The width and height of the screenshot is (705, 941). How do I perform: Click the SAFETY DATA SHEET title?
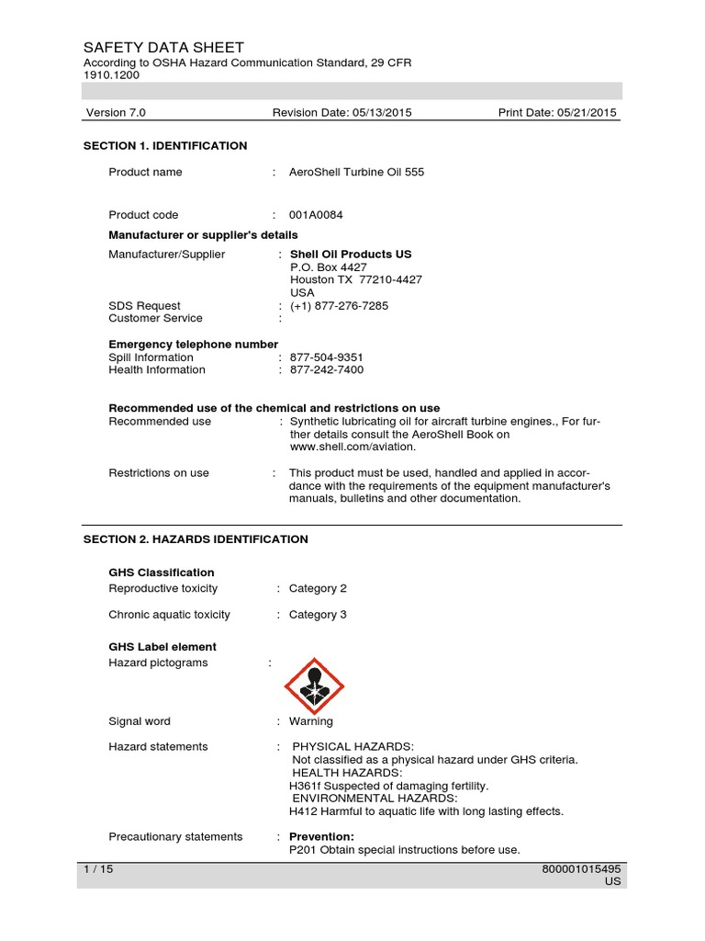(x=163, y=48)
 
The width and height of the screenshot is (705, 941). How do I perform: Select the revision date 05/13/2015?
(x=376, y=113)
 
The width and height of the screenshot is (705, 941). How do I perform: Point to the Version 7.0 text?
(x=116, y=113)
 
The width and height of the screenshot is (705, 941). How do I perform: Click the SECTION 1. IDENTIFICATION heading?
(x=165, y=146)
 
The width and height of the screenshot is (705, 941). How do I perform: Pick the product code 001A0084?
(x=316, y=215)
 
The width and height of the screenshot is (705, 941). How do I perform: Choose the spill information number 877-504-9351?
(x=327, y=357)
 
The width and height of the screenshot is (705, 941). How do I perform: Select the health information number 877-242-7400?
(x=327, y=370)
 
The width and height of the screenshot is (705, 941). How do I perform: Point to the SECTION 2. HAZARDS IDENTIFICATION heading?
(x=196, y=539)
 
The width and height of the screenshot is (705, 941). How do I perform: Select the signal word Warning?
(x=311, y=721)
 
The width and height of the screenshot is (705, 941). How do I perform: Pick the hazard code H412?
(x=303, y=812)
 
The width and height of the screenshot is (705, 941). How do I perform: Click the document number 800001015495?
(x=582, y=869)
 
